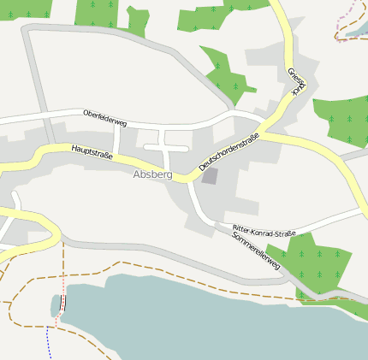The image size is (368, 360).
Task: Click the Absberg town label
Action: coord(152,174)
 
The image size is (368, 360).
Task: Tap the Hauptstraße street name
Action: coord(92,151)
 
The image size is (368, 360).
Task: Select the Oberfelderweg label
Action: coord(104,118)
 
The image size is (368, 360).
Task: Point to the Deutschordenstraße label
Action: coord(229,150)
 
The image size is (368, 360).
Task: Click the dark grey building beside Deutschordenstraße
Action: coord(210,176)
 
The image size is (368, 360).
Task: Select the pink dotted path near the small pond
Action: coord(62,274)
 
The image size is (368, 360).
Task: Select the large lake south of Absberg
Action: coord(197,316)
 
